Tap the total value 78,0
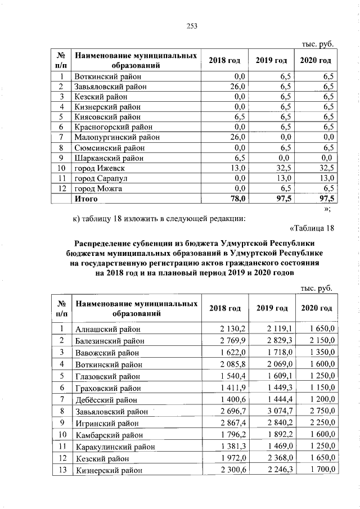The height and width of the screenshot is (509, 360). point(237,199)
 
